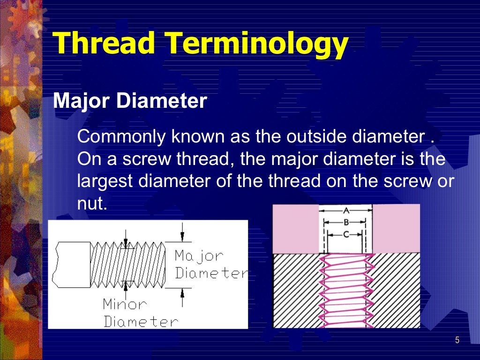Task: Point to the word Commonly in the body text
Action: point(121,137)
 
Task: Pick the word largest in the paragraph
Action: point(106,181)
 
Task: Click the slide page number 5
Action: point(457,340)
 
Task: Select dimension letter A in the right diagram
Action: point(346,210)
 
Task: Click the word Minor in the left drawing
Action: point(125,305)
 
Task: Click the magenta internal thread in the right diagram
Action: point(346,291)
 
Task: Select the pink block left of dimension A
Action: point(296,229)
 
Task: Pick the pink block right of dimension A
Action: point(396,229)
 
